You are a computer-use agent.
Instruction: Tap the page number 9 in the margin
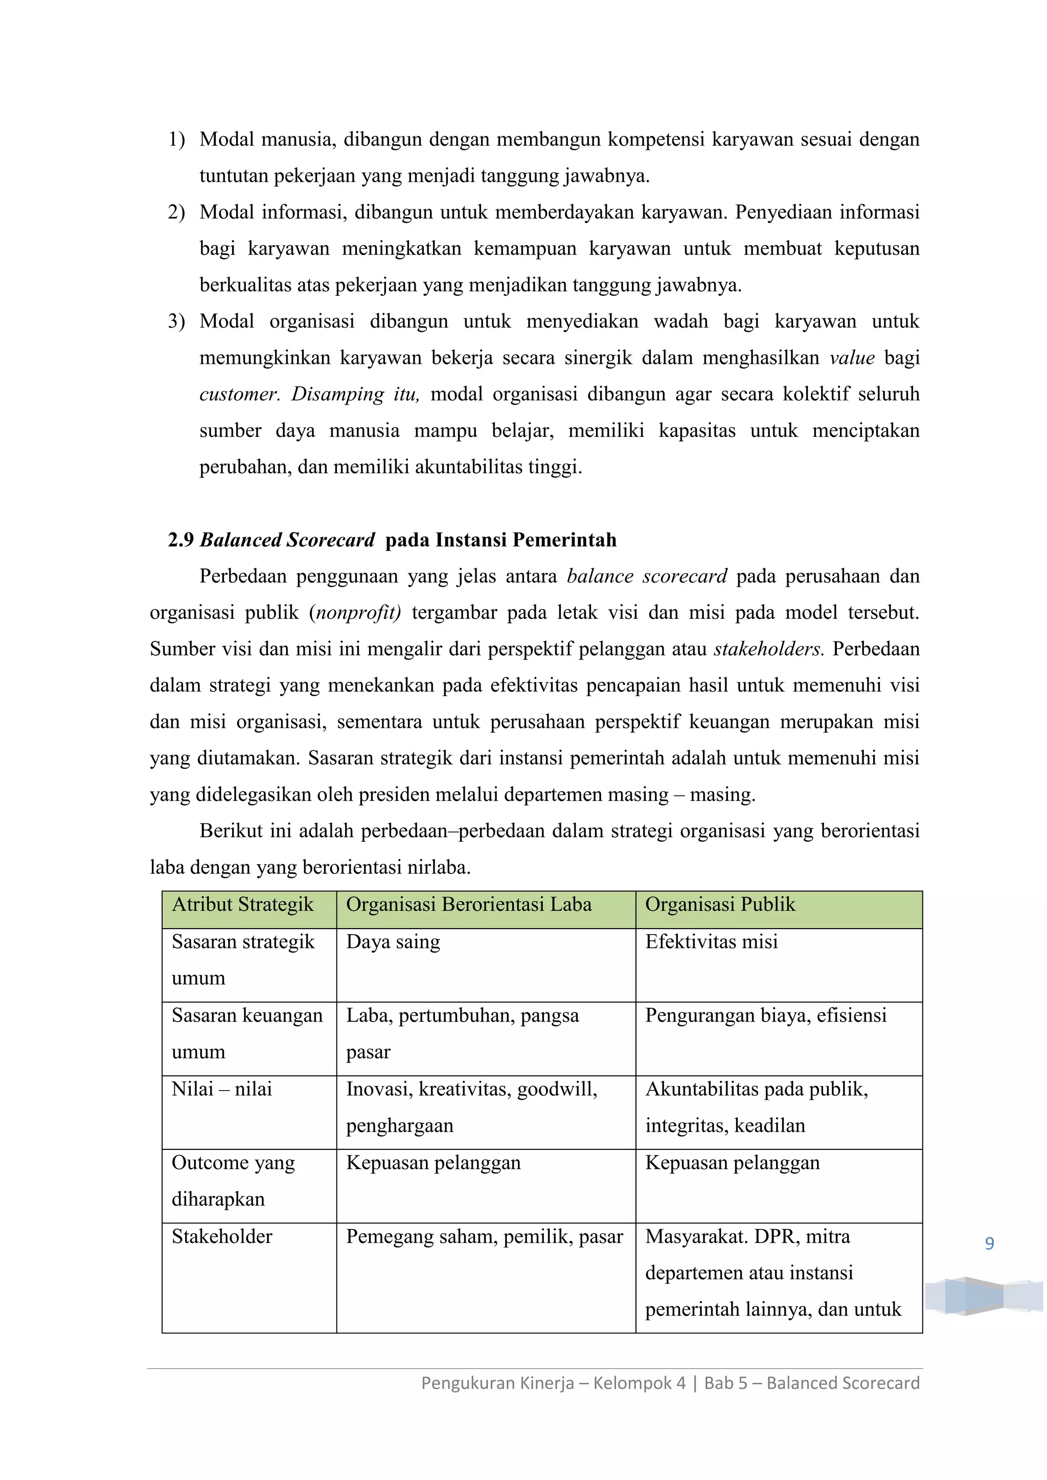[989, 1243]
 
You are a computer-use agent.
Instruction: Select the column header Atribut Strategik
[242, 905]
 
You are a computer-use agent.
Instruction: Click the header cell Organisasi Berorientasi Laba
[469, 905]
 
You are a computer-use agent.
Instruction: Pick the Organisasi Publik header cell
[720, 905]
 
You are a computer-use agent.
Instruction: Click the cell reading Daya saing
[393, 942]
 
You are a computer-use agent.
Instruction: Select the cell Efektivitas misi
[711, 942]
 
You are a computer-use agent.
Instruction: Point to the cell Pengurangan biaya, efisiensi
[766, 1015]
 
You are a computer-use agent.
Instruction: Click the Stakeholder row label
[222, 1236]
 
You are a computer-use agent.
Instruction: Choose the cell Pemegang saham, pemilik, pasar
[484, 1236]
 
